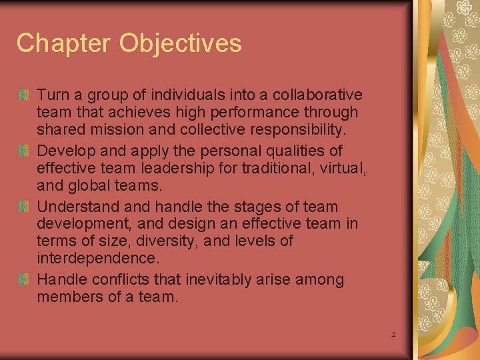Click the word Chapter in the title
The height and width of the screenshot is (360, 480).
pos(63,43)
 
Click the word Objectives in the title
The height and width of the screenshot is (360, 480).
pos(181,43)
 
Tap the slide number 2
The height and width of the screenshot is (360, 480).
pos(393,334)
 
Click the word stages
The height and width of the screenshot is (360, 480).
pos(266,207)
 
